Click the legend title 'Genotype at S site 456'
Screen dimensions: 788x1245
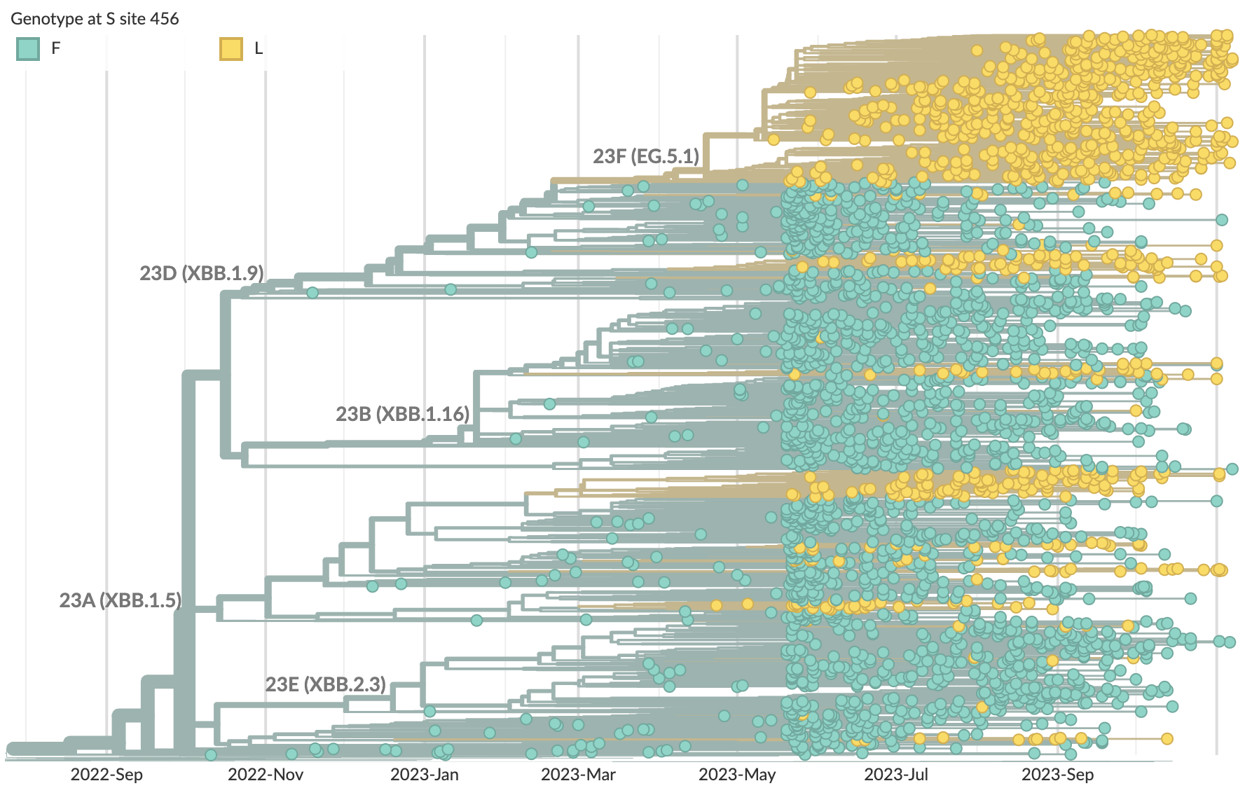point(95,19)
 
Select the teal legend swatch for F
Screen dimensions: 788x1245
point(28,48)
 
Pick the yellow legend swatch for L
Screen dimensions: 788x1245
point(231,48)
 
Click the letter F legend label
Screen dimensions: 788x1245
point(56,48)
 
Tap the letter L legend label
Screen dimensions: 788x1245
point(259,48)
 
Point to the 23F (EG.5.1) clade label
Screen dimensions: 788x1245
point(646,156)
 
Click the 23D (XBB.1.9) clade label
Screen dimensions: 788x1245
point(202,273)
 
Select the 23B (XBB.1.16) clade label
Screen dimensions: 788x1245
point(403,414)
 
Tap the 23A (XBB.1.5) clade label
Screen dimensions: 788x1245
point(121,600)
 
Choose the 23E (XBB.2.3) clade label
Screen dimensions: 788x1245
point(326,684)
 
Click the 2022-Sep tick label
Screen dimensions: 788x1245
point(106,775)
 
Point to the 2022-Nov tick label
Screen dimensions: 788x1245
point(266,775)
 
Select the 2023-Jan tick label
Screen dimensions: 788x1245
point(425,775)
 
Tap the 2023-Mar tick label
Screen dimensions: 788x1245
point(578,775)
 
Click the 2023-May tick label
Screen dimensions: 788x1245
point(737,775)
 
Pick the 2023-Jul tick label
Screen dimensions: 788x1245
point(896,775)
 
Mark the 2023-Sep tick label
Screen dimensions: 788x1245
point(1057,775)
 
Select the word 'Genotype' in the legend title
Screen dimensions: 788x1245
point(46,19)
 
